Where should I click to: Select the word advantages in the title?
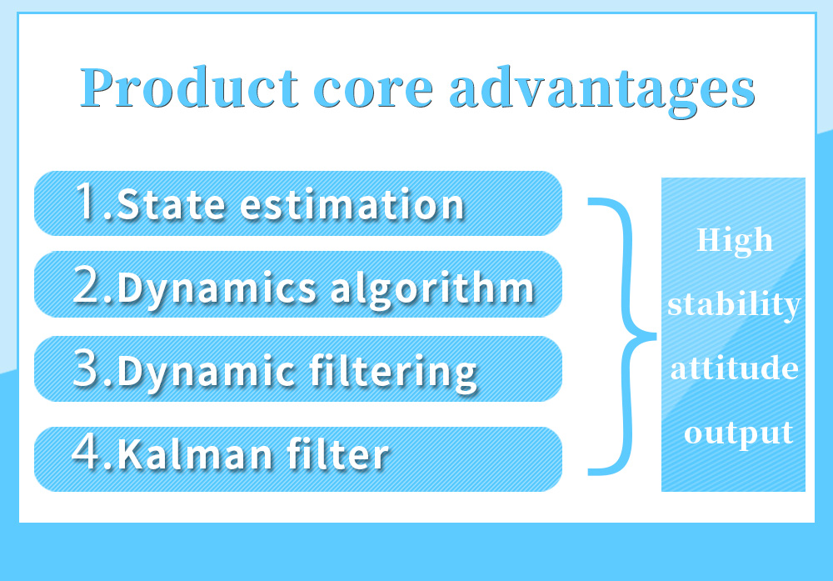[601, 90]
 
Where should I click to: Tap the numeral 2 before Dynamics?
[87, 286]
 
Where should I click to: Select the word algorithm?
[431, 288]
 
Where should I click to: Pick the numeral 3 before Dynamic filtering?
[87, 369]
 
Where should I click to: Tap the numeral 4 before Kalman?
[87, 454]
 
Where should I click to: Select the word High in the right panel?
[734, 240]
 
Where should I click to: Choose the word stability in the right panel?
[734, 304]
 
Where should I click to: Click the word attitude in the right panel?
[734, 368]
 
